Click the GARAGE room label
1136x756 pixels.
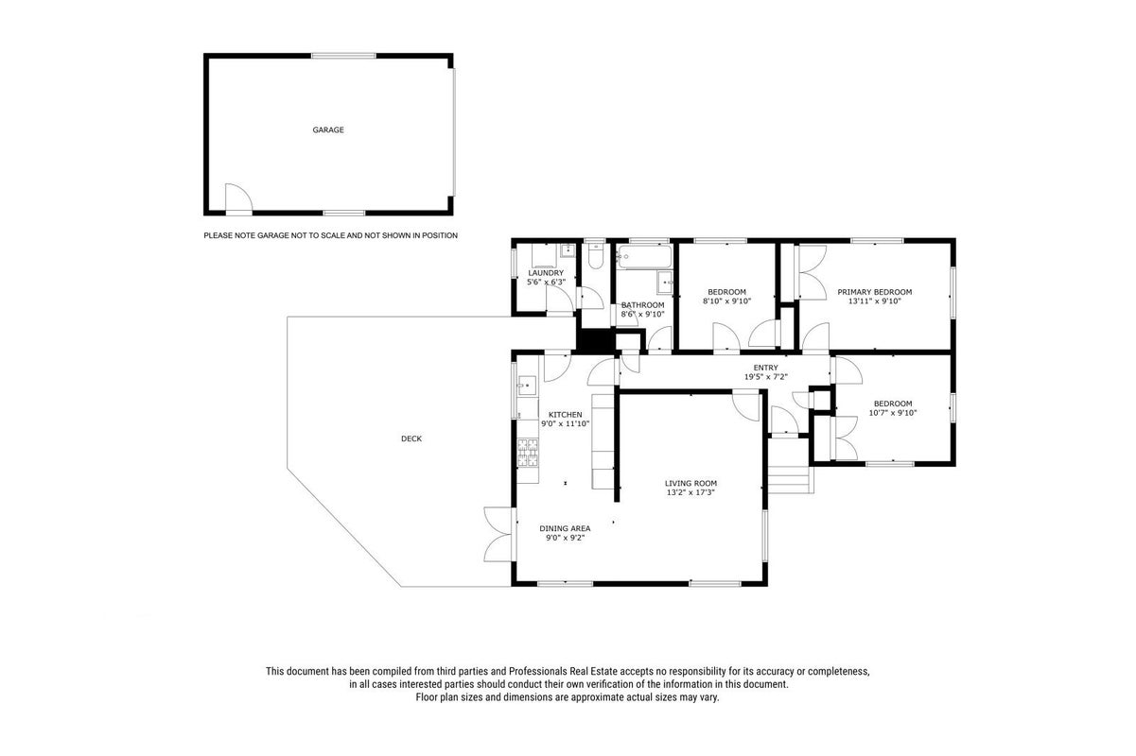pyautogui.click(x=328, y=130)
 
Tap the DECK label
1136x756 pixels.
pyautogui.click(x=411, y=438)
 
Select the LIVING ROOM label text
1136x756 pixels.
pyautogui.click(x=690, y=484)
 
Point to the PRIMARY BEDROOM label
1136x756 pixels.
pyautogui.click(x=874, y=292)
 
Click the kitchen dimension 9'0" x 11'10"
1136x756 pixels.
pyautogui.click(x=565, y=423)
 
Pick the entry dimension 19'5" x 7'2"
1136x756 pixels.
pyautogui.click(x=766, y=377)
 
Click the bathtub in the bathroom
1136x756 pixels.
pyautogui.click(x=644, y=257)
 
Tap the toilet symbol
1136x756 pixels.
pyautogui.click(x=595, y=257)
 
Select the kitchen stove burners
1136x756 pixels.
pyautogui.click(x=528, y=453)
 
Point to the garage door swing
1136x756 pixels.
pyautogui.click(x=238, y=197)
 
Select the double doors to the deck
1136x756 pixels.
pyautogui.click(x=500, y=534)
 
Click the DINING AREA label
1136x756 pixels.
pyautogui.click(x=565, y=528)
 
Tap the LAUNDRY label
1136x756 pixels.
pyautogui.click(x=546, y=273)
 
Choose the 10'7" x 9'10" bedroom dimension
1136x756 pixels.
pyautogui.click(x=893, y=413)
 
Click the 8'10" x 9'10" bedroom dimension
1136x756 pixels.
pyautogui.click(x=726, y=301)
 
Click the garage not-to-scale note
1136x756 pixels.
pyautogui.click(x=331, y=235)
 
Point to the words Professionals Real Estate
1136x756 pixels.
pyautogui.click(x=563, y=671)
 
